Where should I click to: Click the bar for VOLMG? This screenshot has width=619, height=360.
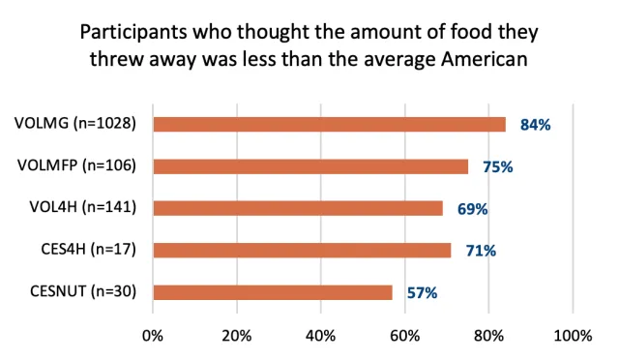click(329, 124)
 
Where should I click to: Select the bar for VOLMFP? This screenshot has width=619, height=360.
click(310, 165)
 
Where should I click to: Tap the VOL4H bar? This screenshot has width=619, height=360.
click(298, 208)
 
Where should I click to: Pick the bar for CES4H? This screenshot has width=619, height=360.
click(302, 250)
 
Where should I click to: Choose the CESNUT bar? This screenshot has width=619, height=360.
click(273, 292)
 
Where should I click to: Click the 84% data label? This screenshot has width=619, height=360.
click(535, 125)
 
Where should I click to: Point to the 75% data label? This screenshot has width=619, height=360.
click(497, 166)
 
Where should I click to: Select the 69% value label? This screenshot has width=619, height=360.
click(472, 209)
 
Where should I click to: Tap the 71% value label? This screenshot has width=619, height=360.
click(481, 251)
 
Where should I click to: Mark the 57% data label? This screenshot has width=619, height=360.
click(422, 292)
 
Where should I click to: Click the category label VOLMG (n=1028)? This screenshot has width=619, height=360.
click(74, 124)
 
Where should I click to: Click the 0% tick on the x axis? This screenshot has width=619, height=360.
click(153, 336)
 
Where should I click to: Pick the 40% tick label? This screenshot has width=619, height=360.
click(321, 336)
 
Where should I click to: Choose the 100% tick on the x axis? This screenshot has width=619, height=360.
click(573, 336)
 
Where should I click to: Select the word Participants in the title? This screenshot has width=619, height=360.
click(126, 31)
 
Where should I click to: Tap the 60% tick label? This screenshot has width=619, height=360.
click(405, 336)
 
